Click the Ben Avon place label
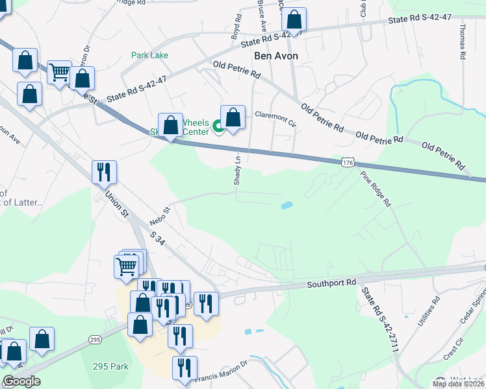pos(276,56)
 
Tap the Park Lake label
pos(149,56)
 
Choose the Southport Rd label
pos(332,283)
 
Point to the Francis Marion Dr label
pos(222,369)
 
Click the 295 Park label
pos(110,366)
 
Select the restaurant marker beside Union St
pos(104,172)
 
